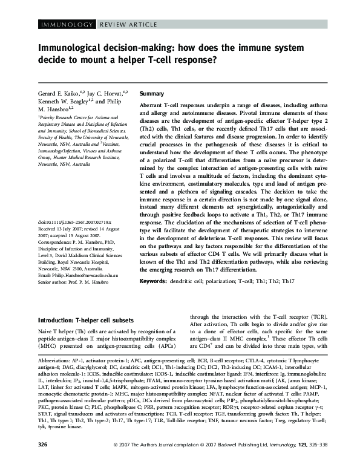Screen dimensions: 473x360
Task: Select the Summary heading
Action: pos(151,94)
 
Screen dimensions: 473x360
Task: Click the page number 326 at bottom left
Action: pos(42,462)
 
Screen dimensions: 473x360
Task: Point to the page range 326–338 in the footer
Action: pos(308,462)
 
